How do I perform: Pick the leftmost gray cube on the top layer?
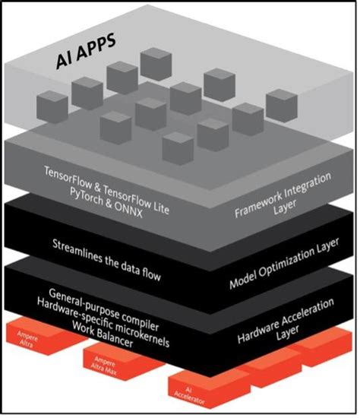click(x=52, y=104)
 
